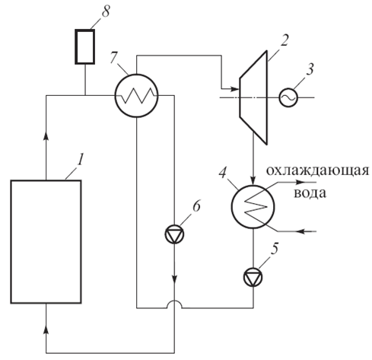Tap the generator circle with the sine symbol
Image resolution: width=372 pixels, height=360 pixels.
click(x=288, y=97)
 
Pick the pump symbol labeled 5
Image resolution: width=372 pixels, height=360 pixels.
click(x=253, y=277)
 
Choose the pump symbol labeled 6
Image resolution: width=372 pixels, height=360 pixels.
click(x=174, y=234)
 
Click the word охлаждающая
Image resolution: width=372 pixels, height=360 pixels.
click(x=317, y=171)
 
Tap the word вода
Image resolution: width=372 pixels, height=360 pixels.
click(x=310, y=193)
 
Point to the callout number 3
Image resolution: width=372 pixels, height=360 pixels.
click(x=310, y=69)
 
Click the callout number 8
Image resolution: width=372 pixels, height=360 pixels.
click(x=106, y=11)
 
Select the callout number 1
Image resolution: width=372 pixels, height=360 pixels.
click(x=80, y=160)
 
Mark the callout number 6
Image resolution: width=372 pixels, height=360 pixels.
click(x=196, y=206)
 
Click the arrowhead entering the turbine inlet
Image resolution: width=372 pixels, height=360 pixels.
click(x=234, y=89)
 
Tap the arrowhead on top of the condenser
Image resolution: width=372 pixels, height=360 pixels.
click(x=253, y=180)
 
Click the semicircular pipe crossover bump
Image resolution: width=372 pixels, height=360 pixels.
click(x=174, y=304)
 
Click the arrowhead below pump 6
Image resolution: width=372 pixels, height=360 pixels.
click(x=174, y=279)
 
